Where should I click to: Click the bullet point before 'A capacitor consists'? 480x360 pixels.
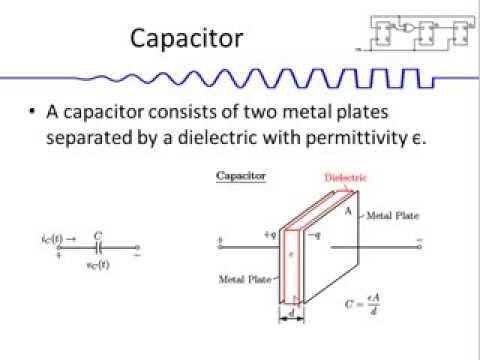coord(33,111)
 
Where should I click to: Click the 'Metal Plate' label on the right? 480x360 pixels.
coord(393,215)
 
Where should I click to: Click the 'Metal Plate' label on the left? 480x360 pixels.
coord(244,279)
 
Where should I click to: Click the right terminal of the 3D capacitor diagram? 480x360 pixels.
coord(418,241)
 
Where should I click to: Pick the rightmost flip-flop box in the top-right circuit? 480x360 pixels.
coord(460,34)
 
